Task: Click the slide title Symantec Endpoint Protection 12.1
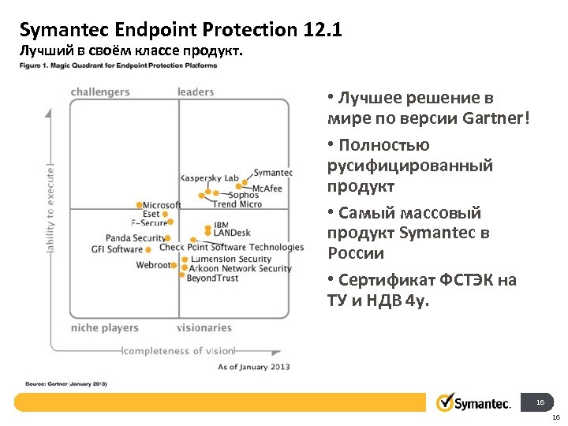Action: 181,30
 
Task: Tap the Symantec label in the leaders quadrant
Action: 273,173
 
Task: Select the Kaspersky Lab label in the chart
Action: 209,178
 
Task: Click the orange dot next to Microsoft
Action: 140,206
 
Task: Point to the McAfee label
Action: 267,189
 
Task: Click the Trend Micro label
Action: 237,204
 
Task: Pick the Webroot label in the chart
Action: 153,265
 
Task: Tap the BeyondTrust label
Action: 212,278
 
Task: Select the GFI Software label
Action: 118,249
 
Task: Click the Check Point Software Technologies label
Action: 231,247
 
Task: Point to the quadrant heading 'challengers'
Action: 100,92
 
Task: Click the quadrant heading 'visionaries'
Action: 204,327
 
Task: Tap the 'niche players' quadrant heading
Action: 104,327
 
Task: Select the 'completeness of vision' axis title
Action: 179,350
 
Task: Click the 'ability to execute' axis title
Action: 51,208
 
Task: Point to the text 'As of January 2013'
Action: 253,366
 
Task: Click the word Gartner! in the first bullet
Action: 496,118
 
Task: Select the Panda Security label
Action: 135,237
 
